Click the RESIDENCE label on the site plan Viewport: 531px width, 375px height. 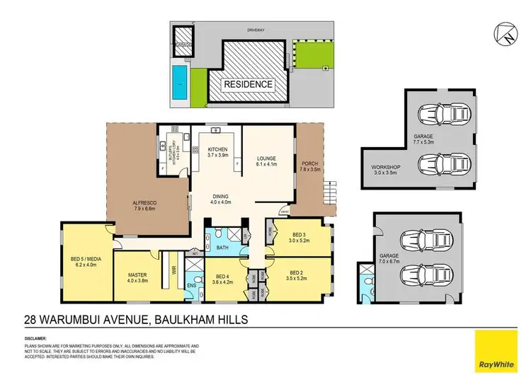point(248,84)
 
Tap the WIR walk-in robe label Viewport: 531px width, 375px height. point(173,270)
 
